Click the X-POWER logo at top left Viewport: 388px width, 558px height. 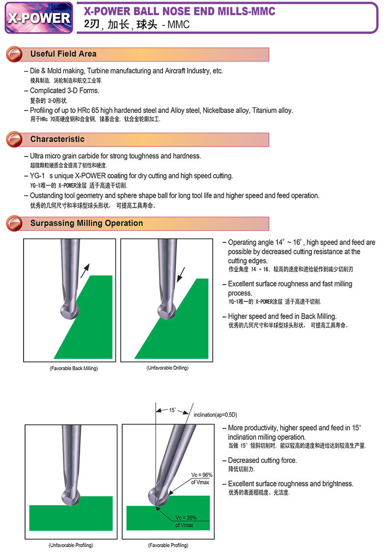[39, 18]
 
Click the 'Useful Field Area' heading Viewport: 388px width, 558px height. [63, 54]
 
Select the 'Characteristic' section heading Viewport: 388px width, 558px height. [57, 139]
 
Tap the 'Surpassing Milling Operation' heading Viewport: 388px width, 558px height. [86, 223]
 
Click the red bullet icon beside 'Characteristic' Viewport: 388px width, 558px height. [14, 139]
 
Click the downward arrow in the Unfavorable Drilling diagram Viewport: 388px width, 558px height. [181, 274]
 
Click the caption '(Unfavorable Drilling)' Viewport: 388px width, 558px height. [167, 368]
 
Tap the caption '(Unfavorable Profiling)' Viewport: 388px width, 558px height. [71, 545]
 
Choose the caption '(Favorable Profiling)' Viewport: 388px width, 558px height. [168, 545]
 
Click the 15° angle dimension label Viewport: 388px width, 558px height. [172, 410]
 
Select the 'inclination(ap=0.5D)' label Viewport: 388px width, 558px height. [215, 415]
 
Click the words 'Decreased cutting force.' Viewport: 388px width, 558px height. [262, 460]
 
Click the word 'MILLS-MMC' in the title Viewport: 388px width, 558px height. [245, 11]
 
